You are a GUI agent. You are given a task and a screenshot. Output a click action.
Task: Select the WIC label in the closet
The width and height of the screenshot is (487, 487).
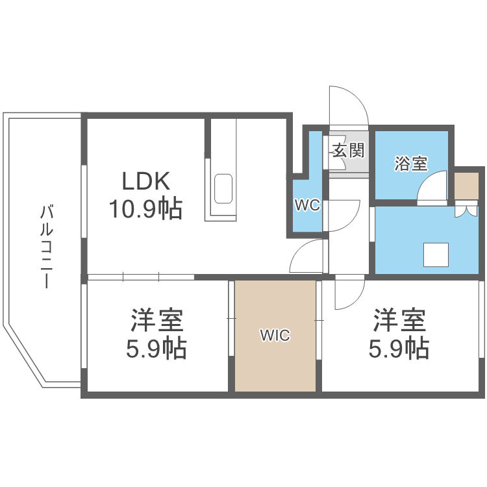[275, 336]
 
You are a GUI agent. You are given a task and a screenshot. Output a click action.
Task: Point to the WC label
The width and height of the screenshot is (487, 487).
[306, 206]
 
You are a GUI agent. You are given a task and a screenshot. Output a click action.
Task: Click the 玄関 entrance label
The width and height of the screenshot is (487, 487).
[348, 151]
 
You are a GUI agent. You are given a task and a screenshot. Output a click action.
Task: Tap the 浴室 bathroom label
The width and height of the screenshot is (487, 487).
[411, 164]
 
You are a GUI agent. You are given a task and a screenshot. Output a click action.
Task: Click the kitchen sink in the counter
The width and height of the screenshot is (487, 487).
[223, 189]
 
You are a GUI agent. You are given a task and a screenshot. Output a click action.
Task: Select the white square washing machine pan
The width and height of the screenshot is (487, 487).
[436, 254]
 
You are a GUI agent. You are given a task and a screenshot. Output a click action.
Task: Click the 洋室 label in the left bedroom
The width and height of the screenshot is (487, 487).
[156, 320]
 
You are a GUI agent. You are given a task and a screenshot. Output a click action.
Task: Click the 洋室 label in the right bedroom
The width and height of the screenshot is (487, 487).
[399, 320]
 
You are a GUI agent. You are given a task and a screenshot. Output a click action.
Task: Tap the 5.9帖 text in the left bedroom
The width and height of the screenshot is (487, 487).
[156, 349]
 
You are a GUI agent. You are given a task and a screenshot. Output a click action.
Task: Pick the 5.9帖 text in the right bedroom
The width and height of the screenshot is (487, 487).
[399, 349]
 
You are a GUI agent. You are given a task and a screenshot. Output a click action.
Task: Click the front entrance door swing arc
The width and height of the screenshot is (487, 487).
[349, 104]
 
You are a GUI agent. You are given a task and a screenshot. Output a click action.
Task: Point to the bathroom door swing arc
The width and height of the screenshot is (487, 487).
[429, 189]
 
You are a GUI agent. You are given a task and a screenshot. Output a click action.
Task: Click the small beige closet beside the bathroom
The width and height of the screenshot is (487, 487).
[466, 186]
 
